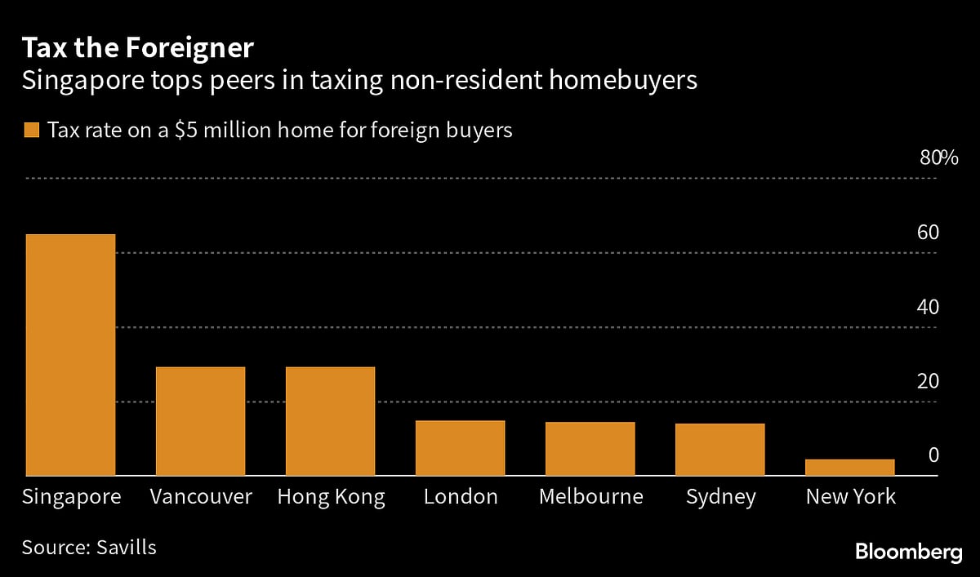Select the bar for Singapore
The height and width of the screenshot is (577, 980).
click(70, 355)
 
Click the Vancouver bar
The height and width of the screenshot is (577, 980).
click(200, 421)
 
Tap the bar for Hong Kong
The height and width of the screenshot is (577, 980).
click(330, 421)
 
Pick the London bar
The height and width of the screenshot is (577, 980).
click(460, 448)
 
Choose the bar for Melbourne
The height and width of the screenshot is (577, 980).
click(590, 449)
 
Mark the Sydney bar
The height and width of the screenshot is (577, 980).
click(719, 450)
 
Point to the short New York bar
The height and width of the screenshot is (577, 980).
click(849, 468)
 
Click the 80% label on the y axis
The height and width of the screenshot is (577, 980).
click(938, 158)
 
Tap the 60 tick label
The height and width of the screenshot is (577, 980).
click(928, 233)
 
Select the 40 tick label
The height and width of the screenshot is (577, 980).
click(928, 307)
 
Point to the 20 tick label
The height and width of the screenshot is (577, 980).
click(928, 381)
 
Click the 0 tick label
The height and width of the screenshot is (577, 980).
click(933, 455)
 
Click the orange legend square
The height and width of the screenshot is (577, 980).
click(33, 131)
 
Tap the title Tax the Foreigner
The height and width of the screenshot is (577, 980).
click(137, 49)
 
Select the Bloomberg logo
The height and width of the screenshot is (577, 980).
click(909, 553)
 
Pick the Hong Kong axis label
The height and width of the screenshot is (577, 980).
click(331, 497)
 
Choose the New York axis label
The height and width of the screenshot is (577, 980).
click(850, 496)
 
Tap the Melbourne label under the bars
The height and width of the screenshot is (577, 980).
click(590, 496)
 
